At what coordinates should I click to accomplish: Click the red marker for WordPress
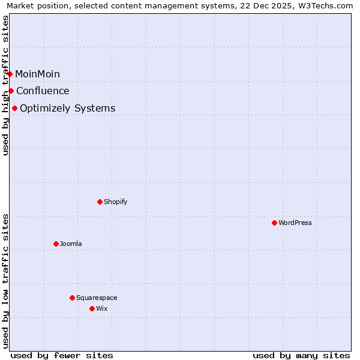274,223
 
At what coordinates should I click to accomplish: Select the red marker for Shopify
100,202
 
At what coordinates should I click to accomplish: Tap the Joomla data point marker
56,244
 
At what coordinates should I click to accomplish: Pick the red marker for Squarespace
72,298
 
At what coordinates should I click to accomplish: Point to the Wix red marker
92,308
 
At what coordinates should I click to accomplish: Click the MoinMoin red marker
10,74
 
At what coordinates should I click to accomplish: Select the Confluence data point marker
11,91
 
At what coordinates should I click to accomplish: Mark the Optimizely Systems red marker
14,108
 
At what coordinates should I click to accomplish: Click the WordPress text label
295,223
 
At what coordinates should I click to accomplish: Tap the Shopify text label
116,202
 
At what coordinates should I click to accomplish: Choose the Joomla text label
71,244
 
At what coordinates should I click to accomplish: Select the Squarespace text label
97,298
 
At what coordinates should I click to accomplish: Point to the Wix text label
102,308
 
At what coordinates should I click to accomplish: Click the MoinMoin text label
37,74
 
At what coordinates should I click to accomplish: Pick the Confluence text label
43,91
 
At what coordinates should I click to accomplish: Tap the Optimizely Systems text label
68,108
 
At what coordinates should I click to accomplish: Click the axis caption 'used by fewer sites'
62,355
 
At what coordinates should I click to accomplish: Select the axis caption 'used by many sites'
301,355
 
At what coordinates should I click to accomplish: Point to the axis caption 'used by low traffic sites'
6,281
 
